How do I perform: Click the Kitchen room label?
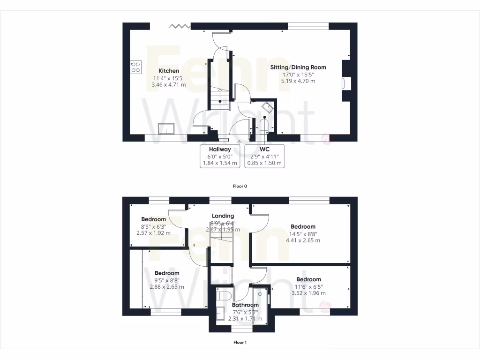(x=168, y=71)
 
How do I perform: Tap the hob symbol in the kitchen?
(x=136, y=67)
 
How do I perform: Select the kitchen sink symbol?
(x=166, y=128)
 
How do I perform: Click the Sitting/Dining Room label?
(x=298, y=67)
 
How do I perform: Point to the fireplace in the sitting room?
(x=346, y=83)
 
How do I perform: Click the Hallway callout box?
(x=220, y=156)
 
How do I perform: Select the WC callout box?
(x=264, y=156)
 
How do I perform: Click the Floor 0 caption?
(x=240, y=186)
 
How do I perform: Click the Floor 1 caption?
(x=240, y=342)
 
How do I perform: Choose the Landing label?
(x=223, y=216)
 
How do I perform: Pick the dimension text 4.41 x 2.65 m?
(x=303, y=240)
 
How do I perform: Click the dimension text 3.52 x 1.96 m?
(x=308, y=293)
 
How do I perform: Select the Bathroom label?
(x=245, y=305)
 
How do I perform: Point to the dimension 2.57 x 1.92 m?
(x=153, y=233)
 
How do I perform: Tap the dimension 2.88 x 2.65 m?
(x=167, y=287)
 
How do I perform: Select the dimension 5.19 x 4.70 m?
(x=298, y=81)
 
